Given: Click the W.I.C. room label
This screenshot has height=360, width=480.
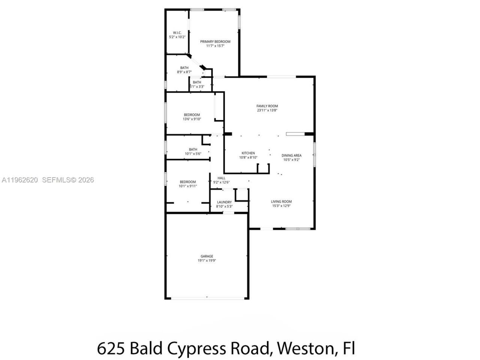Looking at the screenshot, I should click(177, 33).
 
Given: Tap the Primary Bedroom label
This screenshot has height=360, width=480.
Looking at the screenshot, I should click(215, 42).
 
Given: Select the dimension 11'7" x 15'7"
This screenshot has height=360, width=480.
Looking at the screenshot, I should click(215, 46).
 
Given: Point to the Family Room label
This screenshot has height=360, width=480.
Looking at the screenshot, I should click(267, 106).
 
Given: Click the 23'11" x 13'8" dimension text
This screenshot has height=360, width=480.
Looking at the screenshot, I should click(267, 111).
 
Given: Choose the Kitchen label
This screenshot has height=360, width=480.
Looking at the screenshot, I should click(248, 153).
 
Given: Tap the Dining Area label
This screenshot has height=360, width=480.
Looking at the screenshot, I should click(292, 155).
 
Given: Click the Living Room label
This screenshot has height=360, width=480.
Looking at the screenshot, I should click(281, 201).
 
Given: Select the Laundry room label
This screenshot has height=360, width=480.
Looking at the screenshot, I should click(224, 202).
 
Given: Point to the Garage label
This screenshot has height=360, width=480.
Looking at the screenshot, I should click(207, 256).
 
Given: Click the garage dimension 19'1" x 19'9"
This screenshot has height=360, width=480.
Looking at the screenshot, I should click(207, 261).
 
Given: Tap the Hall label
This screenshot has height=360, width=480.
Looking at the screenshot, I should click(221, 178).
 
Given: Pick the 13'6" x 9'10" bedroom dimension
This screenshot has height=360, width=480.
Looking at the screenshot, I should click(192, 119).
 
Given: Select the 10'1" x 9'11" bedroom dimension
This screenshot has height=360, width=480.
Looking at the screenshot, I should click(188, 186).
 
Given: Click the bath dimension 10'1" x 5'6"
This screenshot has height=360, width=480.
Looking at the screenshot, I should click(193, 154).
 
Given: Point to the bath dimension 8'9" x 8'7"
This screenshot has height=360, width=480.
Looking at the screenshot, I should click(184, 72).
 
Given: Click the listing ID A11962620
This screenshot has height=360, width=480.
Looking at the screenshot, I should click(20, 180).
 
